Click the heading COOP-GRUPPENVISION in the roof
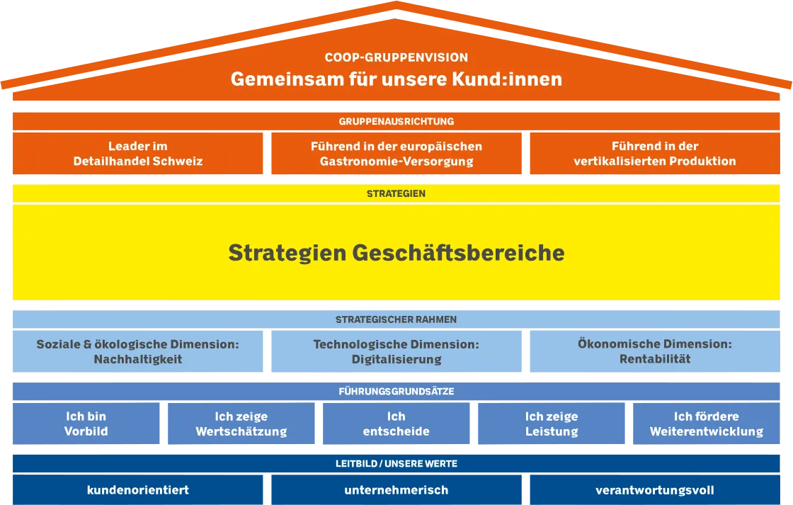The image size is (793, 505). [x=396, y=57]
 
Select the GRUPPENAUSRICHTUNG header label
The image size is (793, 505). [x=396, y=121]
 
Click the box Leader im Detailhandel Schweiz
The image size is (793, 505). [x=137, y=153]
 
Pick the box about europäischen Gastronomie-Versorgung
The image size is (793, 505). [x=396, y=153]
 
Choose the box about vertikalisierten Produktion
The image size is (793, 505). [x=655, y=153]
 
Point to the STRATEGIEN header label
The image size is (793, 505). [x=396, y=193]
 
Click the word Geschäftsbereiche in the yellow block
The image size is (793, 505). [x=458, y=252]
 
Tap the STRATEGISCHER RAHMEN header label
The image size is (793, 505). [x=396, y=319]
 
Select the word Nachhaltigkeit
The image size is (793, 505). [x=137, y=359]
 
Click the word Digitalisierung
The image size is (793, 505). [x=396, y=359]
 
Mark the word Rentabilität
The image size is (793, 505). [x=655, y=359]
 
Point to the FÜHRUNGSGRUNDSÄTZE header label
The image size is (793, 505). [x=396, y=391]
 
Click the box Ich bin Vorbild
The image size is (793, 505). [x=86, y=424]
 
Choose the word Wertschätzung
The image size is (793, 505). [x=241, y=431]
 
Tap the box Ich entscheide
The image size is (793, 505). [x=396, y=424]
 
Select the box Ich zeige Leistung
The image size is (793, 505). [x=552, y=424]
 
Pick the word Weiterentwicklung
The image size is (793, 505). [x=707, y=431]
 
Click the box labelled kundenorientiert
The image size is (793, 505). [x=137, y=490]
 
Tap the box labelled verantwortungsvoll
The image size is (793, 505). [x=655, y=490]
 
